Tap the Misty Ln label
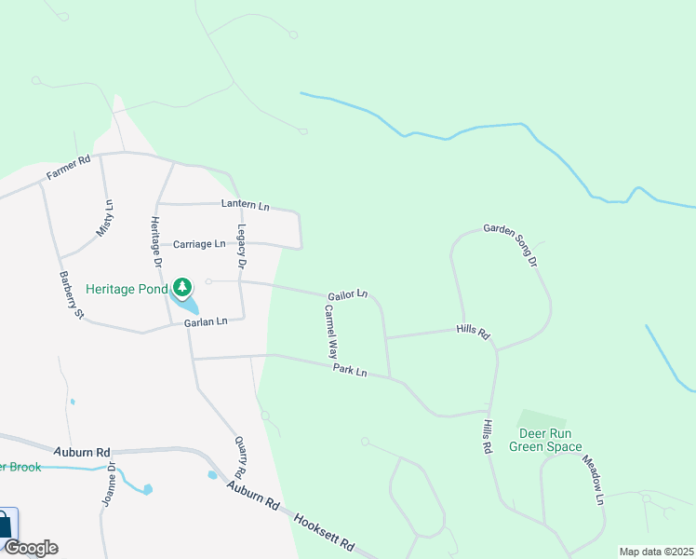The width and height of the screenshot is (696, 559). coord(104,218)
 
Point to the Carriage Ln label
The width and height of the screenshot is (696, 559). coord(199,244)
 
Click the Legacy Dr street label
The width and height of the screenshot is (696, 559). coord(241,247)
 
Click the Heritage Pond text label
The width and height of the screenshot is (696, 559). coord(127,289)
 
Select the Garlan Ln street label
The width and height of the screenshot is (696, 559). coord(206,322)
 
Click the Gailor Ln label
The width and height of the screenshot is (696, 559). coord(347,295)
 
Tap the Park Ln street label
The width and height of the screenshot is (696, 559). coord(351,372)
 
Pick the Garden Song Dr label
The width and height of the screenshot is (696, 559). coord(510,243)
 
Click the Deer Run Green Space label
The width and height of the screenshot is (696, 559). coord(545,440)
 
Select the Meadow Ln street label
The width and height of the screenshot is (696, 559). coord(594,481)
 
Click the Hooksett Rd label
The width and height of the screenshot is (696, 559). coord(325,532)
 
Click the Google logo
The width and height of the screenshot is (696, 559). coord(31,548)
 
